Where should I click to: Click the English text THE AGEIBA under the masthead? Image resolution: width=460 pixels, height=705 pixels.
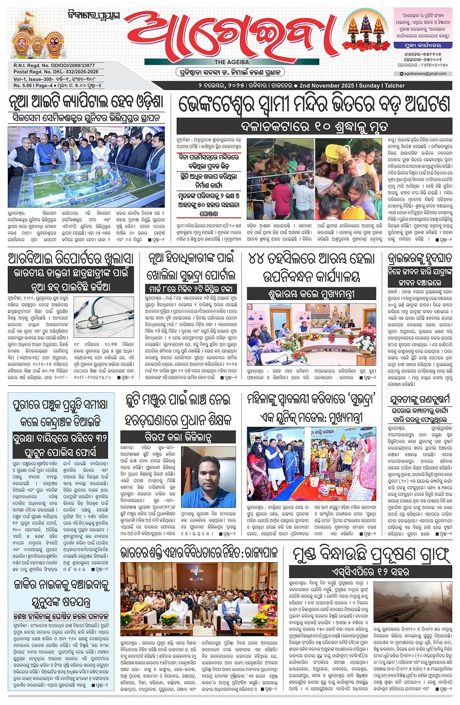[232, 62]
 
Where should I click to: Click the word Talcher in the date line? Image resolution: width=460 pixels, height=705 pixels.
[395, 86]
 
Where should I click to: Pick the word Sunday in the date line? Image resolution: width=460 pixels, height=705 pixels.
[369, 86]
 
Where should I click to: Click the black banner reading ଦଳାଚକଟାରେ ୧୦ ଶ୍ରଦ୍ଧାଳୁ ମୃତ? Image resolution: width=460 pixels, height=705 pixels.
[314, 126]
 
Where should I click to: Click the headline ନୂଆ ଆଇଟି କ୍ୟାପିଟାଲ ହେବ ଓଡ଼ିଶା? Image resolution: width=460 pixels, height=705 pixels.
[86, 103]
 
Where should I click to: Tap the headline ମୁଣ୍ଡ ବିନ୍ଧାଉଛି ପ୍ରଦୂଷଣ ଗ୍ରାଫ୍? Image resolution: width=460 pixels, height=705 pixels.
[371, 554]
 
